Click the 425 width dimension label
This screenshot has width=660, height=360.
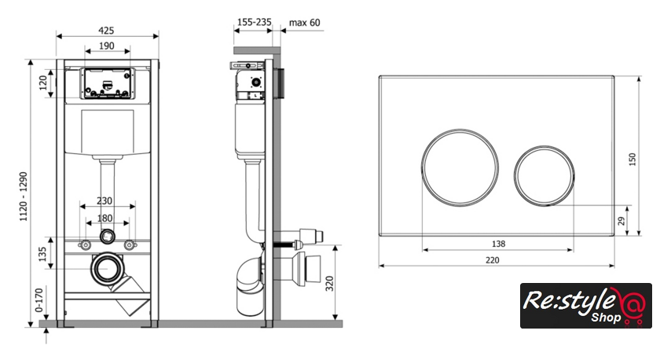[x=106, y=31]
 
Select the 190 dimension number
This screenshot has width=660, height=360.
[x=107, y=46]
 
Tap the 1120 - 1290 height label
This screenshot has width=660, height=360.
[x=23, y=197]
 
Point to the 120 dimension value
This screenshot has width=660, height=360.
[x=43, y=83]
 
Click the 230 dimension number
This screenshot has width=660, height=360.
[x=104, y=201]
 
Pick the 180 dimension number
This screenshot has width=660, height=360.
[x=104, y=218]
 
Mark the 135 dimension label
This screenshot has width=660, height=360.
[x=42, y=255]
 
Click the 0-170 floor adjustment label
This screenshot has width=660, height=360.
[x=39, y=299]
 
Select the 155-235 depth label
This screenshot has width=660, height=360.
[x=255, y=22]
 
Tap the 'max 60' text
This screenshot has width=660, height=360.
[x=304, y=23]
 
